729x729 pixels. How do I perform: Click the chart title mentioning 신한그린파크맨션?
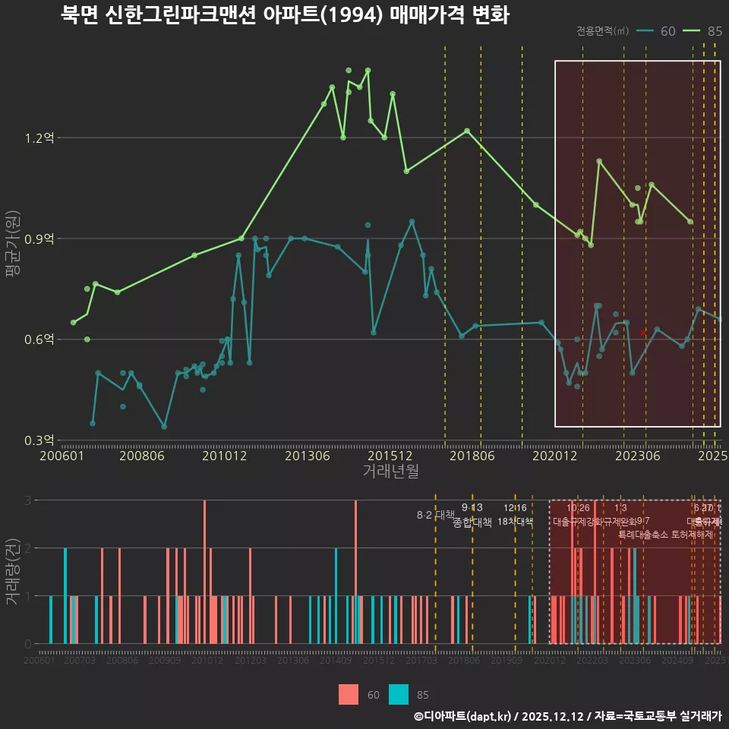(285, 15)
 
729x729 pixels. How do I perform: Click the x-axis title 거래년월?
(390, 472)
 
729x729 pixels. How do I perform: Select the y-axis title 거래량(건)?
(13, 572)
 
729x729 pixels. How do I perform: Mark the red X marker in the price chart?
(643, 333)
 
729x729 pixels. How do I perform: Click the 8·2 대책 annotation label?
(435, 515)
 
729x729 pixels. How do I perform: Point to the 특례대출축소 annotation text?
(644, 534)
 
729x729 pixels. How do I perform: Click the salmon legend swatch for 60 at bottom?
(349, 694)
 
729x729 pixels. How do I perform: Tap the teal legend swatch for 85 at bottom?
(399, 694)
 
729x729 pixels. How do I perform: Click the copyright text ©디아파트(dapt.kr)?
(463, 716)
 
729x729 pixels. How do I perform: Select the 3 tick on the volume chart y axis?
(29, 500)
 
